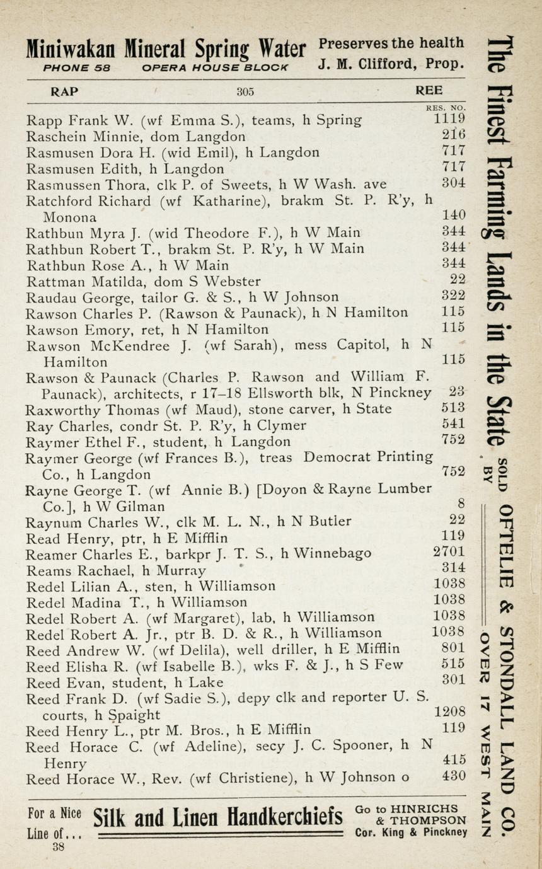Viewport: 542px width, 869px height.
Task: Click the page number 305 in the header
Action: [x=245, y=91]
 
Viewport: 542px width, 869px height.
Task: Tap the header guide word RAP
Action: [x=64, y=91]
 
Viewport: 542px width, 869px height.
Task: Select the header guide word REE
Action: [x=429, y=90]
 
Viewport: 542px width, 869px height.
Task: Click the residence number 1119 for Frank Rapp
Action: [x=449, y=118]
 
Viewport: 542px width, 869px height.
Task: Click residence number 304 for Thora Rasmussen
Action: [x=453, y=183]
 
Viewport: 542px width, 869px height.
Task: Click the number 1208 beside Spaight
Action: [x=450, y=712]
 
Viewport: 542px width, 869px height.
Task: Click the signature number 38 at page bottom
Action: [x=59, y=848]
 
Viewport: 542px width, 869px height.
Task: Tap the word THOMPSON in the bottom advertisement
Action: [x=429, y=820]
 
